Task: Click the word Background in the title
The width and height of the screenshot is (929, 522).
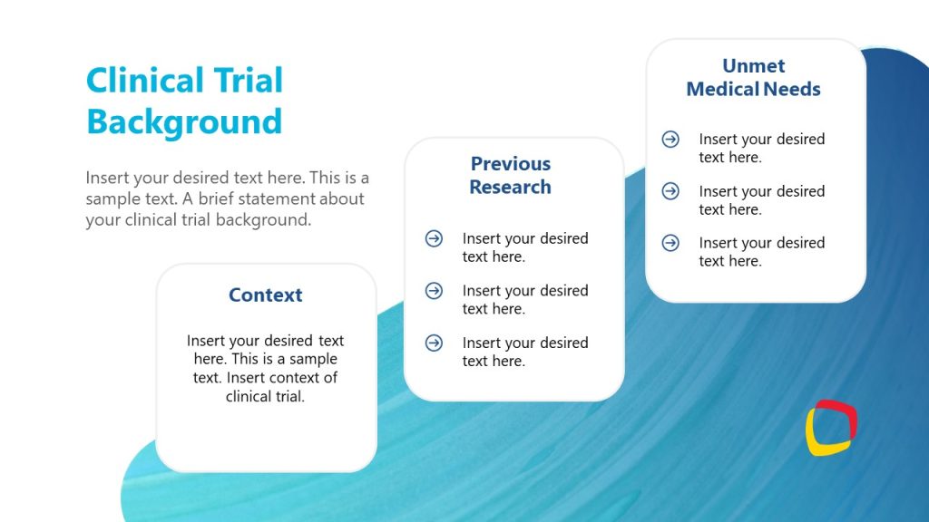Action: pos(184,121)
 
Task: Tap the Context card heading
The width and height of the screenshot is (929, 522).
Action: pos(265,295)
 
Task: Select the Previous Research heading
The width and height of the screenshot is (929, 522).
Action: pos(510,175)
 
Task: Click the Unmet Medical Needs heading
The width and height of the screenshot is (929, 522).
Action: pos(753,78)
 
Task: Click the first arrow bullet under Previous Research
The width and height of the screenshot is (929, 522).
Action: pos(434,238)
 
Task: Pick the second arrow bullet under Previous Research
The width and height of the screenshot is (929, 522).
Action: pos(434,291)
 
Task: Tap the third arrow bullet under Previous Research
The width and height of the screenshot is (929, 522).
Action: pos(434,343)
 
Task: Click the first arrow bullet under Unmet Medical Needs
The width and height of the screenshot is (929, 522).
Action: pos(670,139)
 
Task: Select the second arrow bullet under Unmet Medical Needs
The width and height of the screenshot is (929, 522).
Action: pos(670,191)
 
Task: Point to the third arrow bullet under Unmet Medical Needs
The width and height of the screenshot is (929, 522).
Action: pos(670,243)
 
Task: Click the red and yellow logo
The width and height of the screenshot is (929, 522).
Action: pos(831,427)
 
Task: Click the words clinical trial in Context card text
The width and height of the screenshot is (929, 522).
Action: pos(265,396)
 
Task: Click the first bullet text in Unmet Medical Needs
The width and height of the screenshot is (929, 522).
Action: pos(760,148)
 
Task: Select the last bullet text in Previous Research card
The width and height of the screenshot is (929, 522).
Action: pos(524,352)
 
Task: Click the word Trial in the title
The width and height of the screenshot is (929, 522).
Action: pos(248,81)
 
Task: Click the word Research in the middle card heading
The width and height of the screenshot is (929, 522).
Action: pos(510,187)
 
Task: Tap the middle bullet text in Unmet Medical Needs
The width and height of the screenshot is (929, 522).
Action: pos(760,200)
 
